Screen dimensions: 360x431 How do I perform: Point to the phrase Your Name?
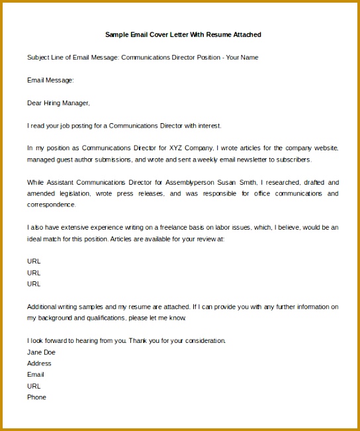242,58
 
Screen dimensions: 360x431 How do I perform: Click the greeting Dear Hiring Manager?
58,103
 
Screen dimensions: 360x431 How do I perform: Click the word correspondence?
51,205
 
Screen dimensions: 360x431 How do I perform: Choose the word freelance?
154,227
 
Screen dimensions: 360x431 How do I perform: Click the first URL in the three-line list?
34,261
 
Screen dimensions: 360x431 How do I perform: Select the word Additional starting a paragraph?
42,307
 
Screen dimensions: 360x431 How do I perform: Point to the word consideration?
205,340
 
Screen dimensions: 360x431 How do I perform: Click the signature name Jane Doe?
41,352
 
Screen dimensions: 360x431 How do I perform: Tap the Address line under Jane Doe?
39,363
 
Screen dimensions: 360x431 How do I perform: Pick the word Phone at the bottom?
36,397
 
